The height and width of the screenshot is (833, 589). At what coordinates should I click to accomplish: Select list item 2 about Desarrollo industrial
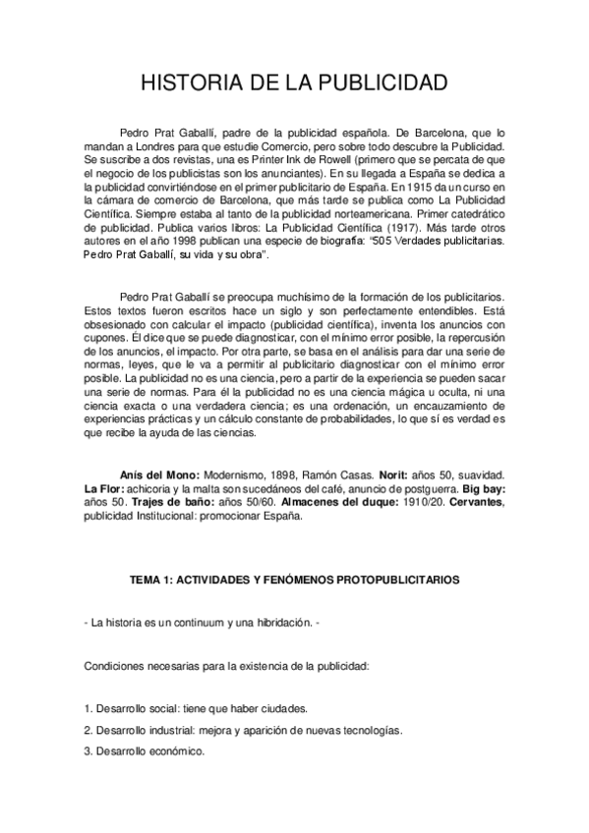pyautogui.click(x=243, y=730)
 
